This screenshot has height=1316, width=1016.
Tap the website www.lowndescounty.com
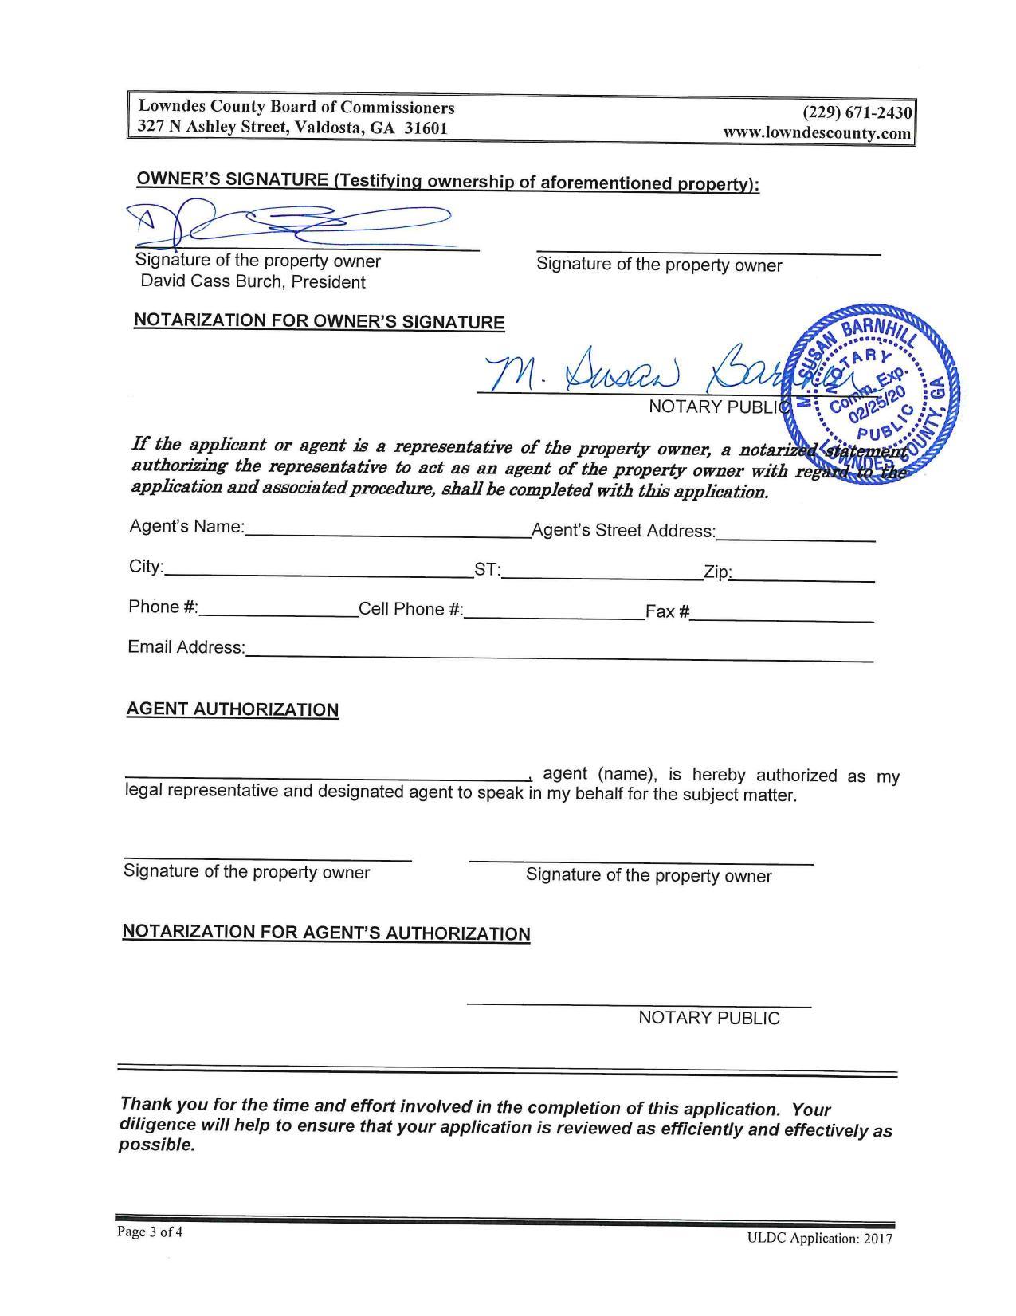coord(817,133)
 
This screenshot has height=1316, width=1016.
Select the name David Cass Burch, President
coord(253,282)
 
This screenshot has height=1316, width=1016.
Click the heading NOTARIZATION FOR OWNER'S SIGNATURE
coord(319,321)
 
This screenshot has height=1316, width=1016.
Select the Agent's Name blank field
coord(388,530)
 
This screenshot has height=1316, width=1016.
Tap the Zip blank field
coord(803,573)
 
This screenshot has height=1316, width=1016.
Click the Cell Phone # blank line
coord(554,611)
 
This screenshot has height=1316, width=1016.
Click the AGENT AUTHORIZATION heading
coord(233,709)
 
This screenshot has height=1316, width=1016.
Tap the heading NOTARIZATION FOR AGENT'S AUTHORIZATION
coord(326,933)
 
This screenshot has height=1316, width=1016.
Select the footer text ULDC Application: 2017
coord(819,1239)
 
